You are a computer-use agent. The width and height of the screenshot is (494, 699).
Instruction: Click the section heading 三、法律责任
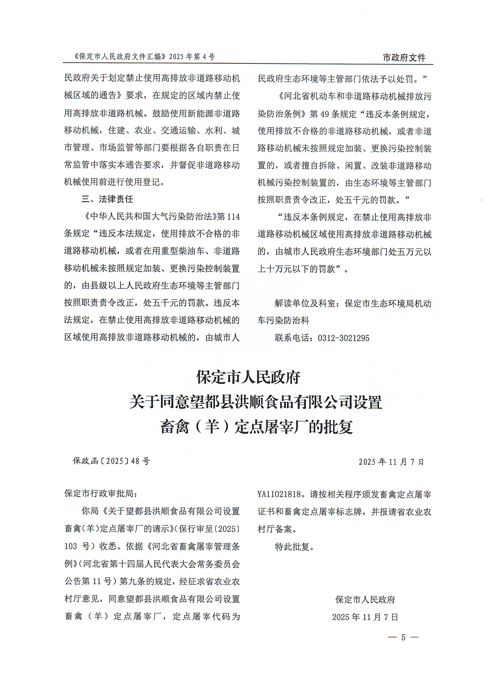point(107,199)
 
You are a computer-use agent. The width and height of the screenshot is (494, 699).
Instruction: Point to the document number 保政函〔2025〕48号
point(111,461)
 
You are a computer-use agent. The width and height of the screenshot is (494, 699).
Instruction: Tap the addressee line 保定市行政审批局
point(99,493)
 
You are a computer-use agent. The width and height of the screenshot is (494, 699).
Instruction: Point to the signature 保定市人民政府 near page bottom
point(365,600)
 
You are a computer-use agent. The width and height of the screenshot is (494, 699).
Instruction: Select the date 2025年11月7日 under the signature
point(365,617)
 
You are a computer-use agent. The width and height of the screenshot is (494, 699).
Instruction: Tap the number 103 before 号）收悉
point(71,546)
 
